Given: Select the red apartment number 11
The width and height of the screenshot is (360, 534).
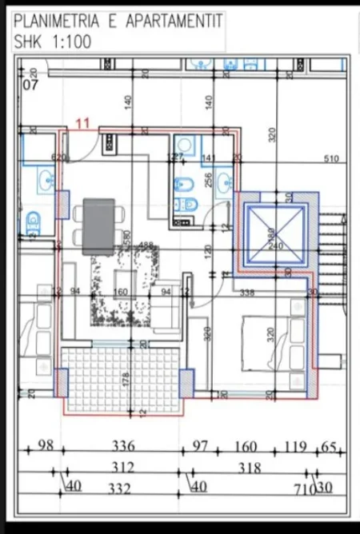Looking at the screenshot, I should [x=83, y=123].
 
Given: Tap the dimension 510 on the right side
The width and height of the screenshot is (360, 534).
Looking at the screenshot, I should [x=331, y=159].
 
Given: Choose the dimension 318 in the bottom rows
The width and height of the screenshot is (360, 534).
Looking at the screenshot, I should [x=250, y=468].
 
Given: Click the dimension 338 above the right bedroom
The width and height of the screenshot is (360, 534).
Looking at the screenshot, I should [x=246, y=293].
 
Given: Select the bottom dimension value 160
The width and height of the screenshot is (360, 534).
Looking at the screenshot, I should [x=245, y=446].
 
